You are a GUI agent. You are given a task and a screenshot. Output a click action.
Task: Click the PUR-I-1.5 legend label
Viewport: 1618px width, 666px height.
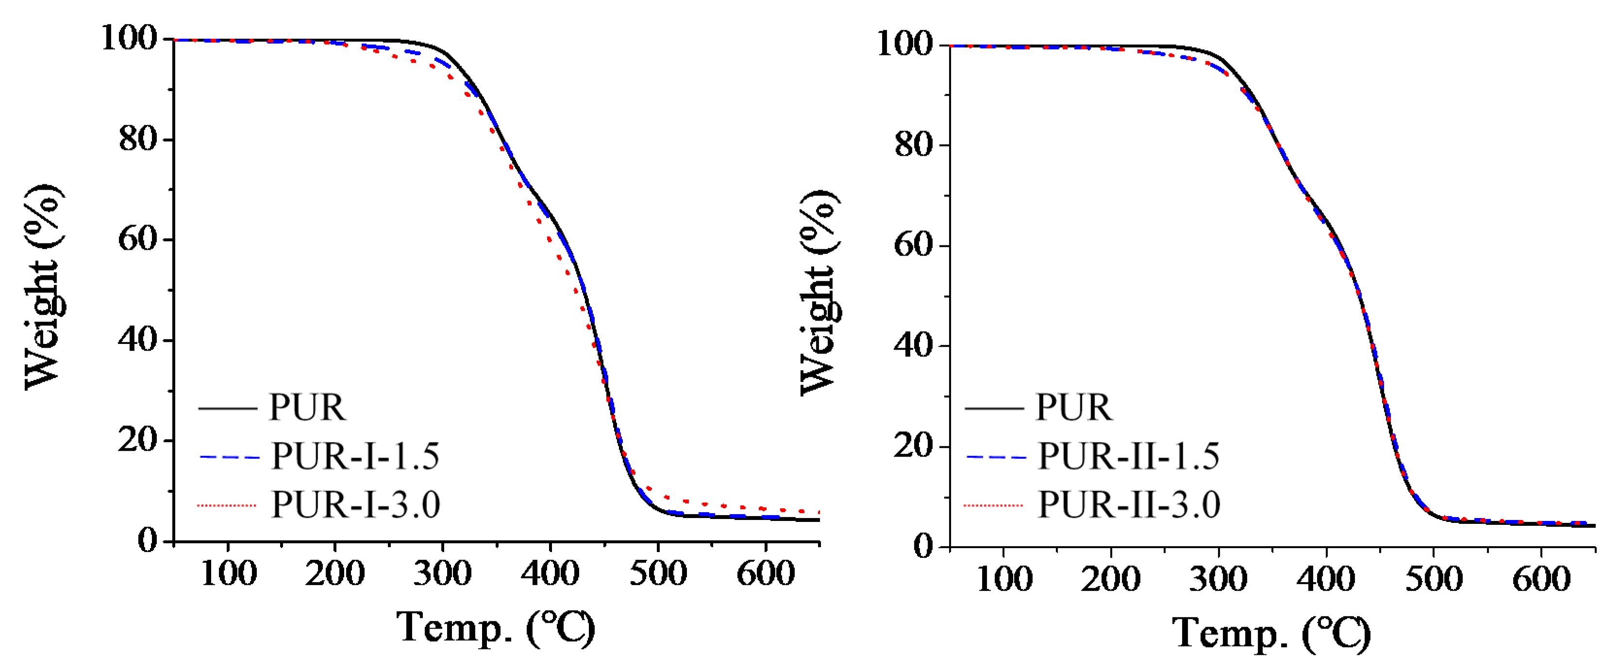(355, 456)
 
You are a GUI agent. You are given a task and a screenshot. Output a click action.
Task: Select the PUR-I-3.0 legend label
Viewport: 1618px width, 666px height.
(355, 504)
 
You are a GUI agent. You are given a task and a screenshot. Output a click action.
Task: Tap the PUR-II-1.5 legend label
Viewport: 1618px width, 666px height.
(1129, 456)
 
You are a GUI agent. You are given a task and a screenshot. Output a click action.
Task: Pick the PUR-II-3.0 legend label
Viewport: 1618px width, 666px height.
(1129, 504)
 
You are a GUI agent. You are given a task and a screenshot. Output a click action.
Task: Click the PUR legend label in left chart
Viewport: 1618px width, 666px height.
(307, 408)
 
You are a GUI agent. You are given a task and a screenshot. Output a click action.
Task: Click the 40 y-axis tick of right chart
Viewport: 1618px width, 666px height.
(913, 345)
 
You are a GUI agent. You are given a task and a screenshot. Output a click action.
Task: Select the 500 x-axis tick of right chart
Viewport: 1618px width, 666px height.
(1434, 579)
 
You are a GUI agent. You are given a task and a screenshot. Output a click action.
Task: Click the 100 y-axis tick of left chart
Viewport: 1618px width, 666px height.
(129, 38)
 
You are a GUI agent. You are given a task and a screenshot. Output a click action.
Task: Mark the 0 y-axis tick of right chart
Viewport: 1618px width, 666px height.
(923, 546)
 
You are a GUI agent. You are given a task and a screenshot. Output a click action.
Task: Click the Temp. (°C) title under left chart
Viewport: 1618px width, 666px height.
(496, 628)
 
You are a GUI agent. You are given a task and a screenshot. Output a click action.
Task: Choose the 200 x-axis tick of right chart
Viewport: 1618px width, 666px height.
(1111, 579)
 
